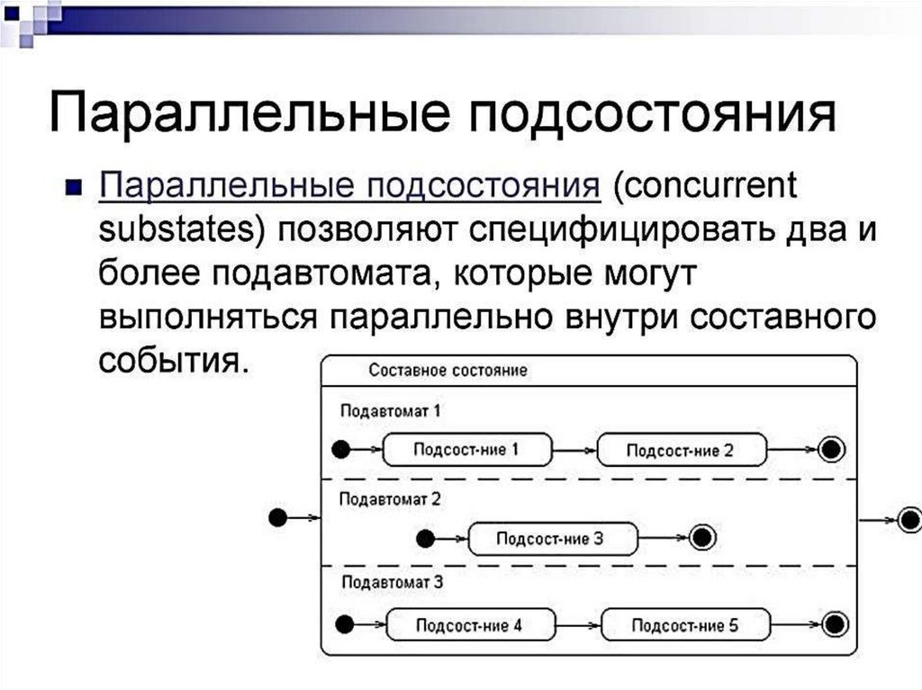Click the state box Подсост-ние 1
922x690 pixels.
coord(466,450)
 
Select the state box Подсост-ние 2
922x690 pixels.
coord(681,450)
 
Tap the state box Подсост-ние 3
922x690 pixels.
coord(550,539)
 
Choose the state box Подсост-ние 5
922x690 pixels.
coord(684,624)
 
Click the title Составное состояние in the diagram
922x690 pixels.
coord(448,371)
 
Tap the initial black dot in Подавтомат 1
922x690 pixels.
coord(340,448)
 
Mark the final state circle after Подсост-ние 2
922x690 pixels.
coord(832,449)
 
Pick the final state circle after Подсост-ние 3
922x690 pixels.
coord(703,538)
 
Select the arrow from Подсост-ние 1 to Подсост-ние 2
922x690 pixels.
coord(574,449)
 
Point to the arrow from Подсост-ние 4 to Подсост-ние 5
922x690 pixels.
coord(578,624)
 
